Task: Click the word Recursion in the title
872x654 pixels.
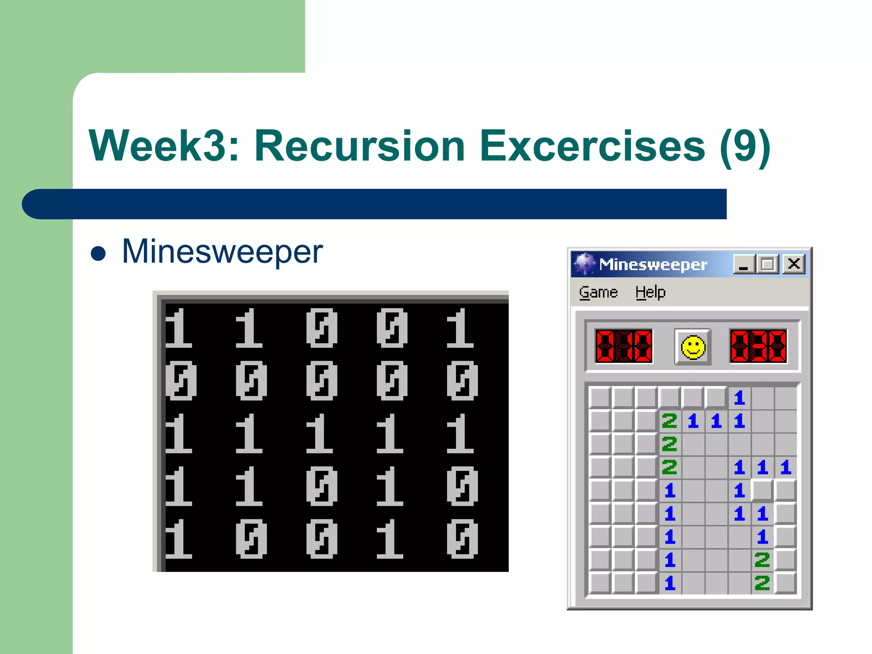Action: coord(360,146)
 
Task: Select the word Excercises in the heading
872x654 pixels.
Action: coord(592,146)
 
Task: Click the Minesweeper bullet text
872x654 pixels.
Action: coord(222,252)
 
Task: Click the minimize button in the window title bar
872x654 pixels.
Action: coord(744,264)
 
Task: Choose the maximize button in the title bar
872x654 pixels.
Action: coord(768,264)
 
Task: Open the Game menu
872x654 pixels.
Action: coord(598,293)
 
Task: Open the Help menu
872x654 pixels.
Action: coord(650,293)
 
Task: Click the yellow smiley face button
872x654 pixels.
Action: coord(693,347)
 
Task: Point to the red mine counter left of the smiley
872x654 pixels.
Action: coord(624,346)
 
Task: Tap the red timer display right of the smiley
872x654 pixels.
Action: coord(758,346)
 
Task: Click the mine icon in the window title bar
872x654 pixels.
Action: coord(584,264)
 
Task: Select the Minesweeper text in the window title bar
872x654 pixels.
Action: coord(653,265)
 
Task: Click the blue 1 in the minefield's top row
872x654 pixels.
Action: coord(739,398)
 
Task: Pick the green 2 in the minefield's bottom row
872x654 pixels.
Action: coord(762,583)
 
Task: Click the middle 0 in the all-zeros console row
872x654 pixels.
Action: coord(321,380)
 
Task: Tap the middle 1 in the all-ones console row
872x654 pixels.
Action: coord(319,433)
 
